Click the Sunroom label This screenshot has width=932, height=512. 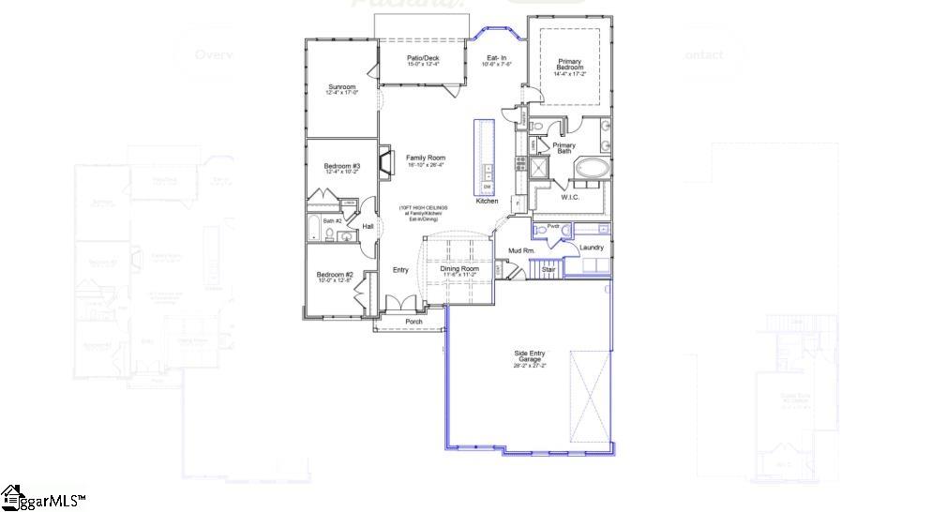pos(341,86)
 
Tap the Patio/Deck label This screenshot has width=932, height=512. pos(423,58)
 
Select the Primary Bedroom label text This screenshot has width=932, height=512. pos(569,65)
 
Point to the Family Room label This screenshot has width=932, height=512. pos(425,158)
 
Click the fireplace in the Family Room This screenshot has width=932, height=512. pos(385,161)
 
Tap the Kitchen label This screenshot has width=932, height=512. pos(487,201)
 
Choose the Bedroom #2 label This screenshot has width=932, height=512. pos(335,275)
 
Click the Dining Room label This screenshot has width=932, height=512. pos(459,269)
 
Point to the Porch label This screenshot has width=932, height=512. pos(413,322)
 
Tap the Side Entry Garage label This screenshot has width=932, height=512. pos(529,356)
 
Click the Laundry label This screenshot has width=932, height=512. pos(591,248)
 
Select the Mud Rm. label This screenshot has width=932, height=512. pos(521,250)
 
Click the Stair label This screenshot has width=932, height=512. pos(548,269)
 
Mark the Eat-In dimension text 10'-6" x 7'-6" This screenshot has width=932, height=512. pos(497,65)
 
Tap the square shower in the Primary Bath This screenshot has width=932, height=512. pos(539,168)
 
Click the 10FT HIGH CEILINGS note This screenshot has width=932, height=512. pos(424,207)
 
